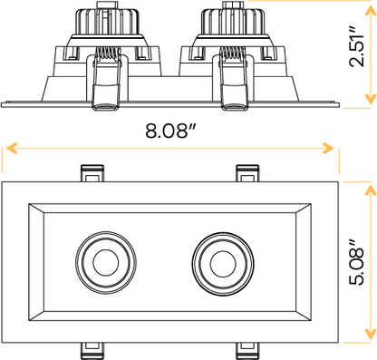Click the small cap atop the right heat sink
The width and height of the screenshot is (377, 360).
[224, 5]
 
